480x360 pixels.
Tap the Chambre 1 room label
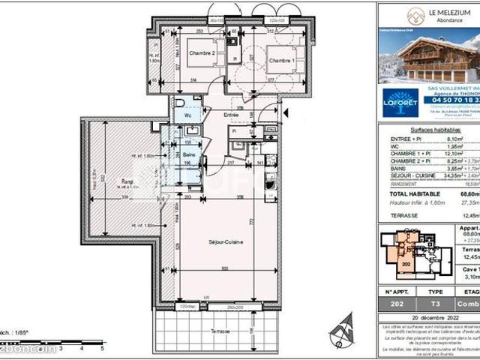pyautogui.click(x=281, y=59)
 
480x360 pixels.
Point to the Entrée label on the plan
pyautogui.click(x=231, y=115)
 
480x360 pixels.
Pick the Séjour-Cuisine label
pyautogui.click(x=218, y=241)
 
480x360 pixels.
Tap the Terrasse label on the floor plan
pyautogui.click(x=220, y=331)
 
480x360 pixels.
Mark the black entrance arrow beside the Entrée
pyautogui.click(x=285, y=113)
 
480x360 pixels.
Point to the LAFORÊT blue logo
pyautogui.click(x=400, y=103)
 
